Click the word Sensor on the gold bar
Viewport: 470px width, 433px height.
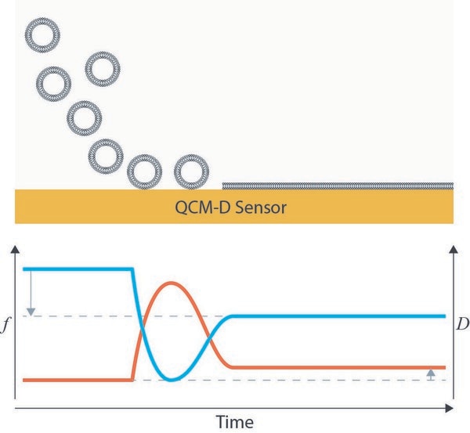pos(261,207)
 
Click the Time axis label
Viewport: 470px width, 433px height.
pos(235,422)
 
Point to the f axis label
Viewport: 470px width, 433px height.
pos(4,325)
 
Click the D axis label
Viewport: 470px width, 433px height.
pos(462,324)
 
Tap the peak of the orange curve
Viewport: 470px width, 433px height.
pos(171,283)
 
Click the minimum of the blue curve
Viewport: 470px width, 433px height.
pos(172,380)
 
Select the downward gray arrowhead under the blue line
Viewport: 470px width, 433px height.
pos(31,312)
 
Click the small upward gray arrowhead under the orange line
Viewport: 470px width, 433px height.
pos(431,373)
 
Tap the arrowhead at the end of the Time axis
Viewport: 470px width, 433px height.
pos(449,408)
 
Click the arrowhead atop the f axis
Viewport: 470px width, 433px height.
pos(15,250)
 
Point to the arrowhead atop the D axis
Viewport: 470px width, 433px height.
pos(454,249)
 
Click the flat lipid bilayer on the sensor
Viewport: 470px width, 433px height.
pos(338,186)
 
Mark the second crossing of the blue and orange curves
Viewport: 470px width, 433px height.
pos(209,340)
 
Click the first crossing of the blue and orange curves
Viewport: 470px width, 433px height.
pos(142,326)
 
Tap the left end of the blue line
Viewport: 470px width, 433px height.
pos(23,269)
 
